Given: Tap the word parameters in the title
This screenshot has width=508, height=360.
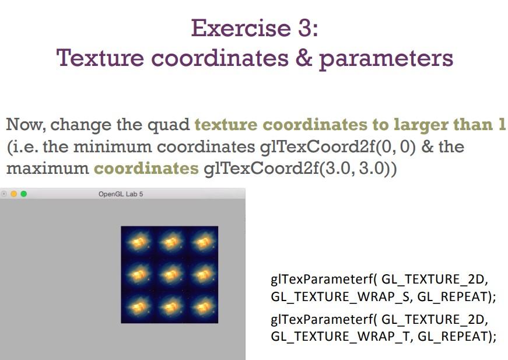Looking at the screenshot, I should point(386,59).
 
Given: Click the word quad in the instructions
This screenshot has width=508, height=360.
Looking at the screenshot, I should point(173,125).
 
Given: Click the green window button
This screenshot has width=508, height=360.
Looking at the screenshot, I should point(24,194).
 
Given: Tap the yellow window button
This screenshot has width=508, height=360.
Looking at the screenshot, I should point(14,194).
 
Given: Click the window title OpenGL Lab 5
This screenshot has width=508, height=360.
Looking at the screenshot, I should point(121,194).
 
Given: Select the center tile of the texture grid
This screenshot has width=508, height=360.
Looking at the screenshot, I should point(169,274).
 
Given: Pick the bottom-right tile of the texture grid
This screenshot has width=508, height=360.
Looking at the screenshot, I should point(202,306).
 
